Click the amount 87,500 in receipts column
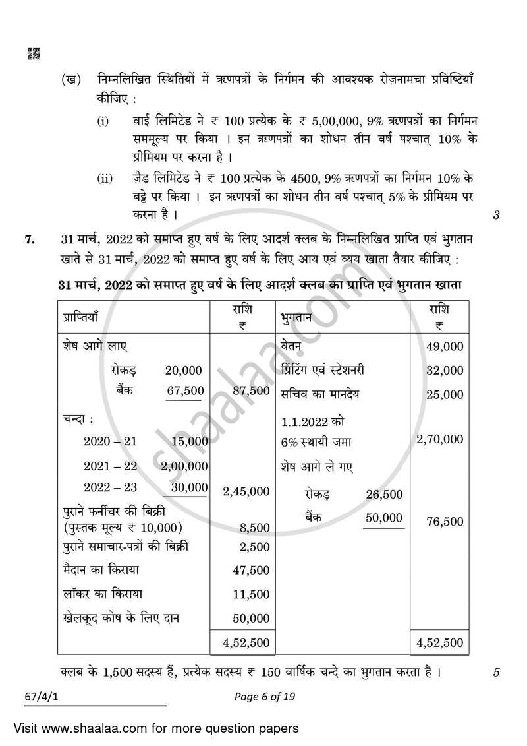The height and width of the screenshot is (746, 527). coord(251,390)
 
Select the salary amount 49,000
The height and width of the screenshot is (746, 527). coord(445,346)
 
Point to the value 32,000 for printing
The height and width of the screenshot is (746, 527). coord(445,371)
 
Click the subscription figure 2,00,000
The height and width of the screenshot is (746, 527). coord(184,466)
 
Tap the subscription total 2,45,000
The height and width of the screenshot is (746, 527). coord(246,491)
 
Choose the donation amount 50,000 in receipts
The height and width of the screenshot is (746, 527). coord(251,618)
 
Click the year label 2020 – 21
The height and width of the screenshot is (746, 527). coord(110,441)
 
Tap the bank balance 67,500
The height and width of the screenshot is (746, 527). coord(185,390)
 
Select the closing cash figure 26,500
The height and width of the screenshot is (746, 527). coord(383,495)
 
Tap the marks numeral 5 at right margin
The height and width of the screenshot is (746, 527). coord(497,673)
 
